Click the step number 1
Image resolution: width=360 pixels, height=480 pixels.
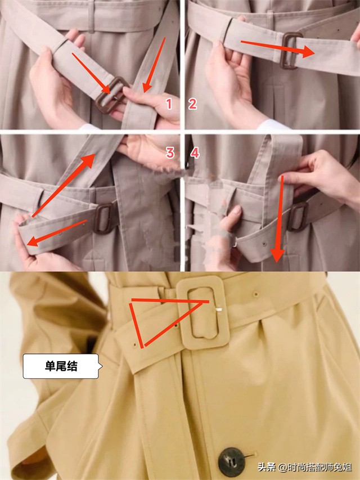[169, 104]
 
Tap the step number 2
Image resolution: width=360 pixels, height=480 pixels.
[192, 104]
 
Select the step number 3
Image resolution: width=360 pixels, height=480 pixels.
[170, 152]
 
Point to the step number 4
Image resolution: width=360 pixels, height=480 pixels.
[195, 152]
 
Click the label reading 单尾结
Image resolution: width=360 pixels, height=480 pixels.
[61, 366]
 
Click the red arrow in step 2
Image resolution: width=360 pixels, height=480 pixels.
[278, 48]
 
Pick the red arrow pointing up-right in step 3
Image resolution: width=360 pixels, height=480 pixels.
[64, 186]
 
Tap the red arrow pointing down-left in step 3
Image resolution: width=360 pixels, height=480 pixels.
[57, 233]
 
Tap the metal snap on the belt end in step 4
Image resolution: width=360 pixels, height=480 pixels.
[264, 244]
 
